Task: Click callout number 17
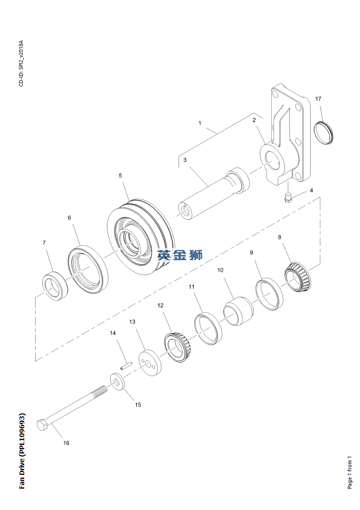tap(318, 99)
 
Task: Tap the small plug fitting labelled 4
tap(288, 198)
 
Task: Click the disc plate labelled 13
tap(150, 362)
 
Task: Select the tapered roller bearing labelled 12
tap(178, 348)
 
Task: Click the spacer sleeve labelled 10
tap(238, 312)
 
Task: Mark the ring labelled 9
tap(269, 295)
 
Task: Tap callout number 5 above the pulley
tap(120, 175)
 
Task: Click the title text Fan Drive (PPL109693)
tap(22, 451)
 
